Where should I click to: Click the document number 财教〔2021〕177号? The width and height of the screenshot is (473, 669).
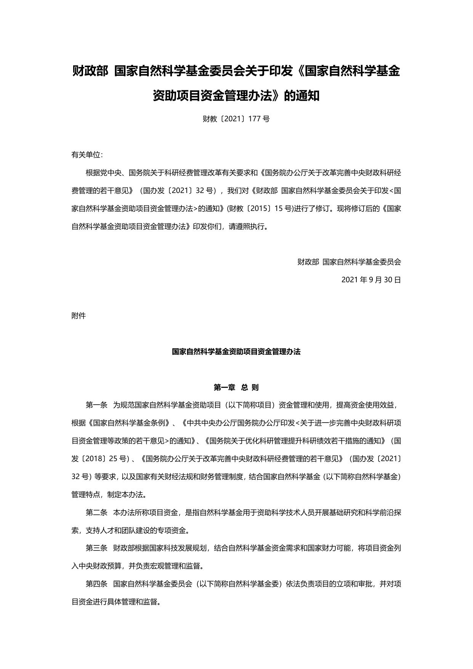236,119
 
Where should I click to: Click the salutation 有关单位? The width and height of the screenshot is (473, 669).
87,155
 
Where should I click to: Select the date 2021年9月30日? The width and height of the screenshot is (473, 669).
371,280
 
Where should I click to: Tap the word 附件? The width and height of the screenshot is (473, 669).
79,316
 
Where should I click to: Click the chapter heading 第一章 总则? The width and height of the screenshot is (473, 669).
236,388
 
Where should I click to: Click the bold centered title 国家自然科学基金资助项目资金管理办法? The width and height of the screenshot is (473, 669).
236,352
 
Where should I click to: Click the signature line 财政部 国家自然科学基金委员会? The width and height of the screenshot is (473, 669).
349,262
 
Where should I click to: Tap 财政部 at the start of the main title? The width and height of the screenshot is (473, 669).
90,71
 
